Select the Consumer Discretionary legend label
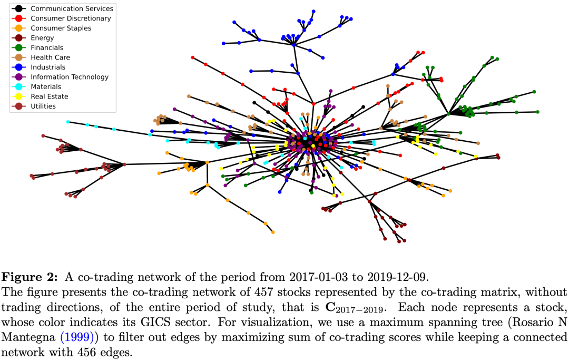point(71,18)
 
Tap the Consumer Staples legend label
point(61,28)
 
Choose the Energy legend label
point(42,38)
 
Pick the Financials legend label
point(47,47)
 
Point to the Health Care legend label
point(50,57)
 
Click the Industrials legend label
point(48,67)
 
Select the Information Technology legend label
point(70,77)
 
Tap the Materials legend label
point(46,86)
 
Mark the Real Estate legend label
point(50,96)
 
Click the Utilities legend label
point(43,106)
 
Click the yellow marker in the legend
point(18,96)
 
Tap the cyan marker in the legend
point(18,86)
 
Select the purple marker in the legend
point(18,77)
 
